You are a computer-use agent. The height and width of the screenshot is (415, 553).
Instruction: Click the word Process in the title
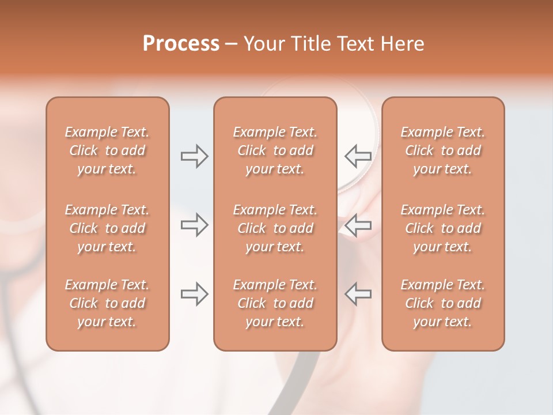coord(181,44)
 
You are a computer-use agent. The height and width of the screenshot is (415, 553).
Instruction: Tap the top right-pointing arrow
coord(194,156)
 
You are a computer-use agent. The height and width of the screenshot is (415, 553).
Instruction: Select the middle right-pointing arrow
coord(194,224)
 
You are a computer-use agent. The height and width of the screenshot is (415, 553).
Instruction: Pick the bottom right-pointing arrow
coord(194,293)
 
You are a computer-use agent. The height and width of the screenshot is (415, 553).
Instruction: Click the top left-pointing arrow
coord(358,156)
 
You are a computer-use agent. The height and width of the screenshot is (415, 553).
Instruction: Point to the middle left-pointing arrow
coord(358,224)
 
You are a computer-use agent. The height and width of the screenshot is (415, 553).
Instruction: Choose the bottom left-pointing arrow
coord(358,293)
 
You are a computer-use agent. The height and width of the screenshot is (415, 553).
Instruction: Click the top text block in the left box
coord(107,150)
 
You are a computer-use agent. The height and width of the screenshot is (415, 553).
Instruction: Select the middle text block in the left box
coord(107,228)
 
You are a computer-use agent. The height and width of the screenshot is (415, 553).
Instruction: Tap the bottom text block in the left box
coord(107,303)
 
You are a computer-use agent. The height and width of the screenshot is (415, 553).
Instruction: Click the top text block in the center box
coord(275,150)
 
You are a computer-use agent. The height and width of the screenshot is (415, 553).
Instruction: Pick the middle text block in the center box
coord(275,228)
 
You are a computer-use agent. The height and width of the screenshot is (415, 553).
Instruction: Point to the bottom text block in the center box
coord(275,303)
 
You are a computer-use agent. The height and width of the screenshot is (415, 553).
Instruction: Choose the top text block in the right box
coord(443,150)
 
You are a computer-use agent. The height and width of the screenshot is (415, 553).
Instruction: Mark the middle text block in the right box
coord(443,228)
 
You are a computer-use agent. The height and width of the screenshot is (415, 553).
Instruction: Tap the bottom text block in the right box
coord(443,303)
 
